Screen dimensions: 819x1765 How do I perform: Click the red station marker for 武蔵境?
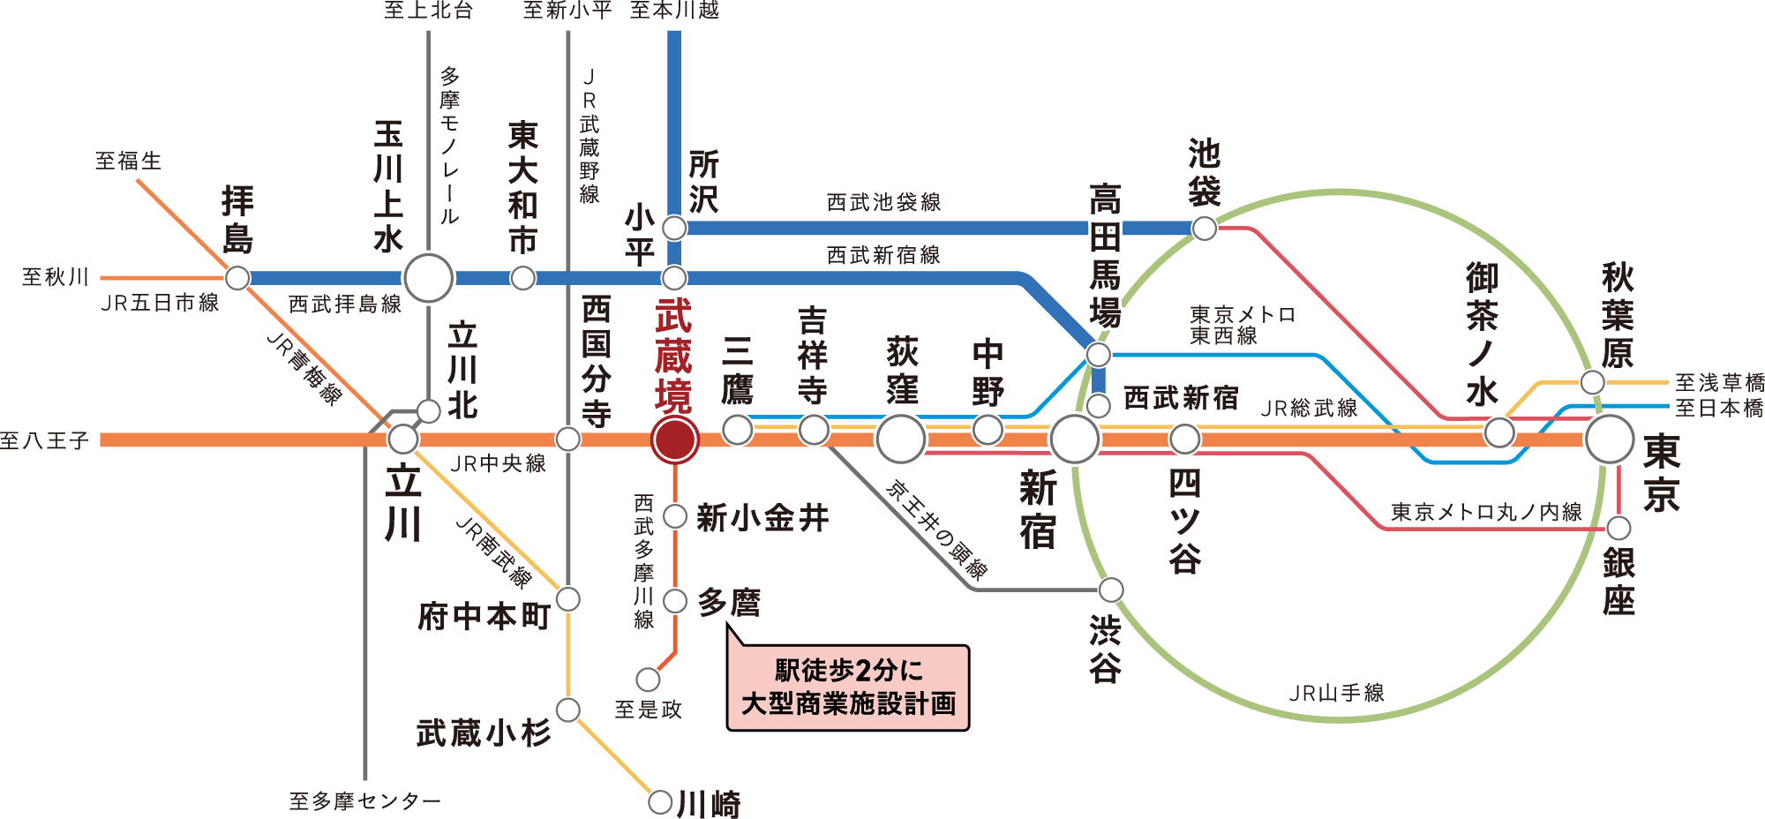675,439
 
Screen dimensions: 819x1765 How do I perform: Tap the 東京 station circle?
1610,439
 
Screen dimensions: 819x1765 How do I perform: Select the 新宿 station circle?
1074,439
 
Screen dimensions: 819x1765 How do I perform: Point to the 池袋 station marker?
1205,229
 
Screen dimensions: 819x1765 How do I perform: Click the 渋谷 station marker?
1111,590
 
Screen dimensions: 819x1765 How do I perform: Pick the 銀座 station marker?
1619,529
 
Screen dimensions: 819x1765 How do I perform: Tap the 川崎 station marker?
660,802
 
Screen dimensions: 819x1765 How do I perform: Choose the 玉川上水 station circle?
429,279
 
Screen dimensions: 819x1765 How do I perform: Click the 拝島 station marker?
237,279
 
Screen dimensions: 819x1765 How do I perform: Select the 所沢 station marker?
674,229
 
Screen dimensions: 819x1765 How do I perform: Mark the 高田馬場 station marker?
1099,355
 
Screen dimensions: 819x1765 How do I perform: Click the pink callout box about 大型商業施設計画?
847,688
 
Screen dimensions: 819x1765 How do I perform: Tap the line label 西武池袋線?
883,203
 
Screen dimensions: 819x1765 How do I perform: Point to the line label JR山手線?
1336,693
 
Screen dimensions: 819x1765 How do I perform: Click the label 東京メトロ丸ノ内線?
1486,513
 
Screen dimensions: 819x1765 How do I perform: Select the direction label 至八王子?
44,440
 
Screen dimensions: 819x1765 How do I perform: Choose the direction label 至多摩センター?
364,801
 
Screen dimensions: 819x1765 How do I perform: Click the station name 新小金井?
762,518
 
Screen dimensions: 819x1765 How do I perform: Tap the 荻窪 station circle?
901,439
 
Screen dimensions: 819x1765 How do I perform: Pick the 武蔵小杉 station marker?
568,710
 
